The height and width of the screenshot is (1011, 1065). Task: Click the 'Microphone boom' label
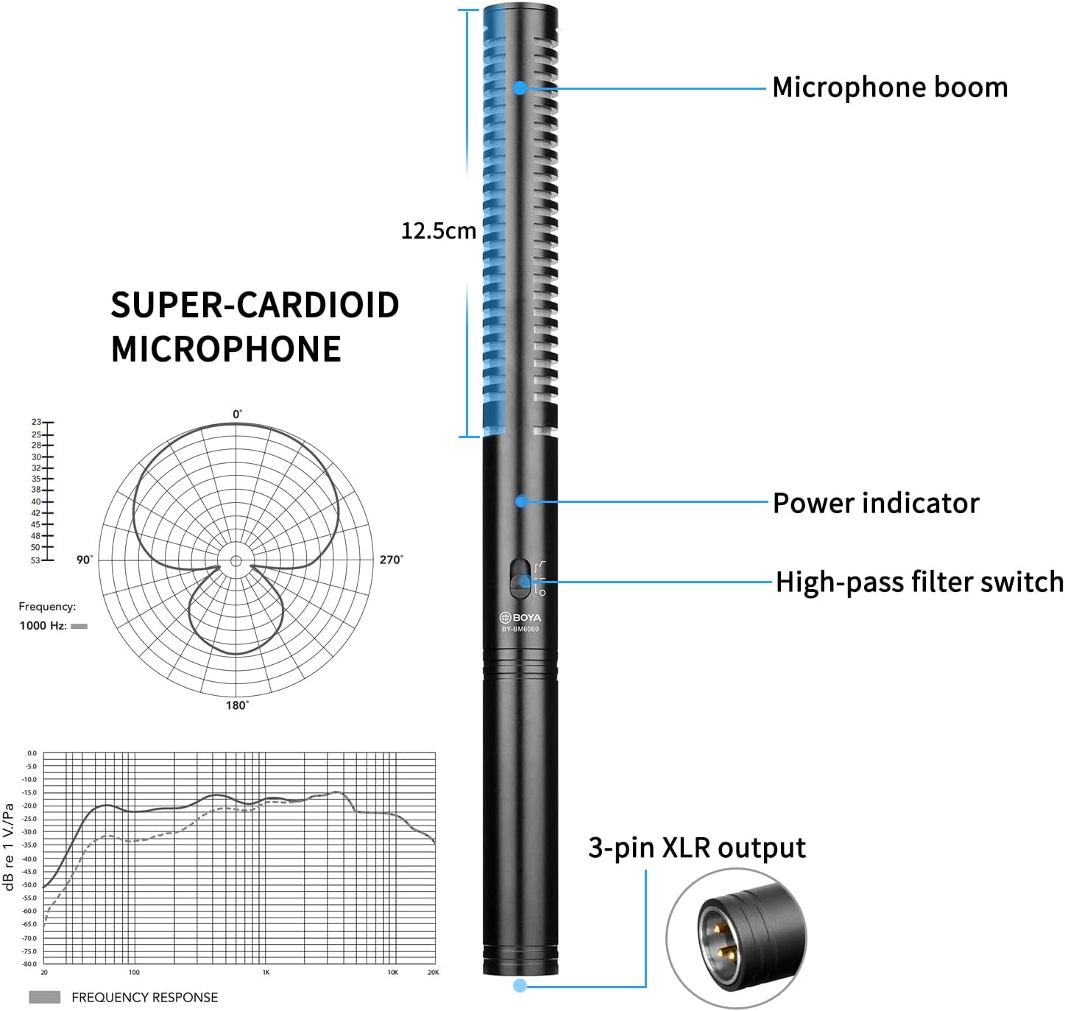pos(889,88)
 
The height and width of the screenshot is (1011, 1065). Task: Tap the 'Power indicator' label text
pos(876,504)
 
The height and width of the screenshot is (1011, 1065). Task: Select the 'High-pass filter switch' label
pos(919,582)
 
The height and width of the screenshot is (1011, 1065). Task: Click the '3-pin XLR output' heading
pos(696,848)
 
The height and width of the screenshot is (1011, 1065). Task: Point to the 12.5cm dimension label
pos(438,231)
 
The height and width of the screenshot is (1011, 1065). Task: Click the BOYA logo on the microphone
pos(520,617)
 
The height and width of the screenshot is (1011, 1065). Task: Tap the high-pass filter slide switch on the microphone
pos(520,579)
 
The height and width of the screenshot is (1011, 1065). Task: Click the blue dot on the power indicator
pos(520,501)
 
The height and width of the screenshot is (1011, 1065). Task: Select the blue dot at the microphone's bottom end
pos(520,985)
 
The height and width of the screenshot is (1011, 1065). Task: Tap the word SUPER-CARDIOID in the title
pos(255,305)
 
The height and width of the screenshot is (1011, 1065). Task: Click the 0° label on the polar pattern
pos(237,414)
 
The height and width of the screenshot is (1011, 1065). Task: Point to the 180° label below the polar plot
pos(236,705)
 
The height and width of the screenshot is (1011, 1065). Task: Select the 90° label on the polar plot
pos(85,560)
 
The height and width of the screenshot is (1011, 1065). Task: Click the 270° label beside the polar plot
pos(391,560)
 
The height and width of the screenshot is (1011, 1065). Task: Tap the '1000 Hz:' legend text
pos(43,626)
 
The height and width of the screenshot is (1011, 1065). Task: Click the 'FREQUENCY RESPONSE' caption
pos(144,998)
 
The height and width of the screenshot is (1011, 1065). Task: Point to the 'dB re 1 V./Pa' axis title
pos(10,847)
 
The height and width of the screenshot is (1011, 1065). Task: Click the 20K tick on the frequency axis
pos(433,973)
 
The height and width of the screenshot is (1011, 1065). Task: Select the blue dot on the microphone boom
pos(520,88)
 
